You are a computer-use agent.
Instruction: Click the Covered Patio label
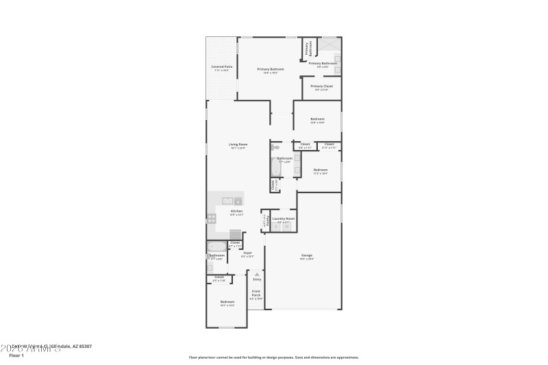click(221, 66)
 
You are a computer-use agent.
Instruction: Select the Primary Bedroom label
click(271, 69)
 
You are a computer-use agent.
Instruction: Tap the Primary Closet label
click(321, 86)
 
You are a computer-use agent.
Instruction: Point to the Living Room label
click(238, 144)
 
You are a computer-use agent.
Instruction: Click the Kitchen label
click(236, 211)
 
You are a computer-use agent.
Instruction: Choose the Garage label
click(306, 255)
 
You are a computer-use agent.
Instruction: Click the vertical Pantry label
click(264, 220)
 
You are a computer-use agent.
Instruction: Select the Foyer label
click(247, 253)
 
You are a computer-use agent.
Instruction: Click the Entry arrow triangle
click(258, 274)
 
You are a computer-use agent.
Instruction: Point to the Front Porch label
click(256, 295)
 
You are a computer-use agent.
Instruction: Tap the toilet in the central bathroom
click(275, 148)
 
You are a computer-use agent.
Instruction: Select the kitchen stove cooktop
click(212, 218)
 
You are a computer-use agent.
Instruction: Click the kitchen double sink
click(227, 200)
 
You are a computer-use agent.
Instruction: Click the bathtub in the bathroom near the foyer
click(216, 247)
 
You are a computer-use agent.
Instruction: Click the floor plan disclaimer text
click(273, 357)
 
